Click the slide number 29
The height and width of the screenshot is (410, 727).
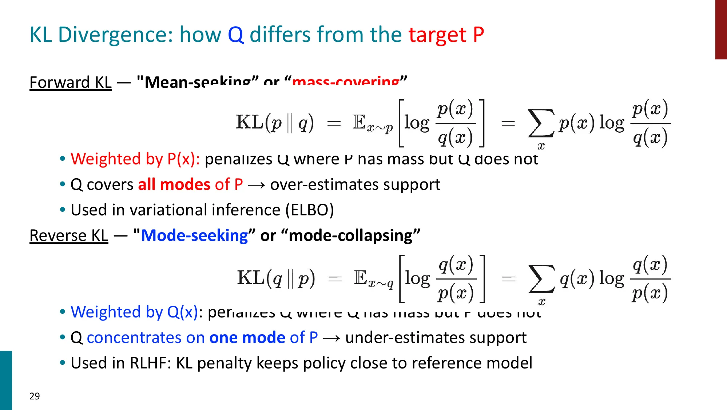point(35,396)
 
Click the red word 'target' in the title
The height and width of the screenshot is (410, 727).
point(437,35)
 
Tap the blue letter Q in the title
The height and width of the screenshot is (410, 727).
point(236,35)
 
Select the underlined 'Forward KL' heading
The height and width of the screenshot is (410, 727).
point(71,82)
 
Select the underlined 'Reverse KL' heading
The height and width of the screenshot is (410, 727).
point(69,235)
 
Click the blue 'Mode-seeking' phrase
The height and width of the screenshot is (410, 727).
point(194,235)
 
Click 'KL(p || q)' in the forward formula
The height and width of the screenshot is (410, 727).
point(275,122)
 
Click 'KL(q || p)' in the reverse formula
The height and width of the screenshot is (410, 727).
point(276,278)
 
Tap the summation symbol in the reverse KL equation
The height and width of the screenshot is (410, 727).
point(541,279)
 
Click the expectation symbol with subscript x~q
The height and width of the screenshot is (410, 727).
point(373,279)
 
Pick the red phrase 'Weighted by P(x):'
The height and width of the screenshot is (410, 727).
point(135,159)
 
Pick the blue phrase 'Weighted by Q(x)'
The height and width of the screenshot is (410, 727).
point(134,312)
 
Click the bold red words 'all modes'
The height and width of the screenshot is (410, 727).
point(174,184)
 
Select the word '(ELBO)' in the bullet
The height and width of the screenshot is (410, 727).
point(309,210)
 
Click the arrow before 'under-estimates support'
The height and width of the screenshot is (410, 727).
point(331,338)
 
